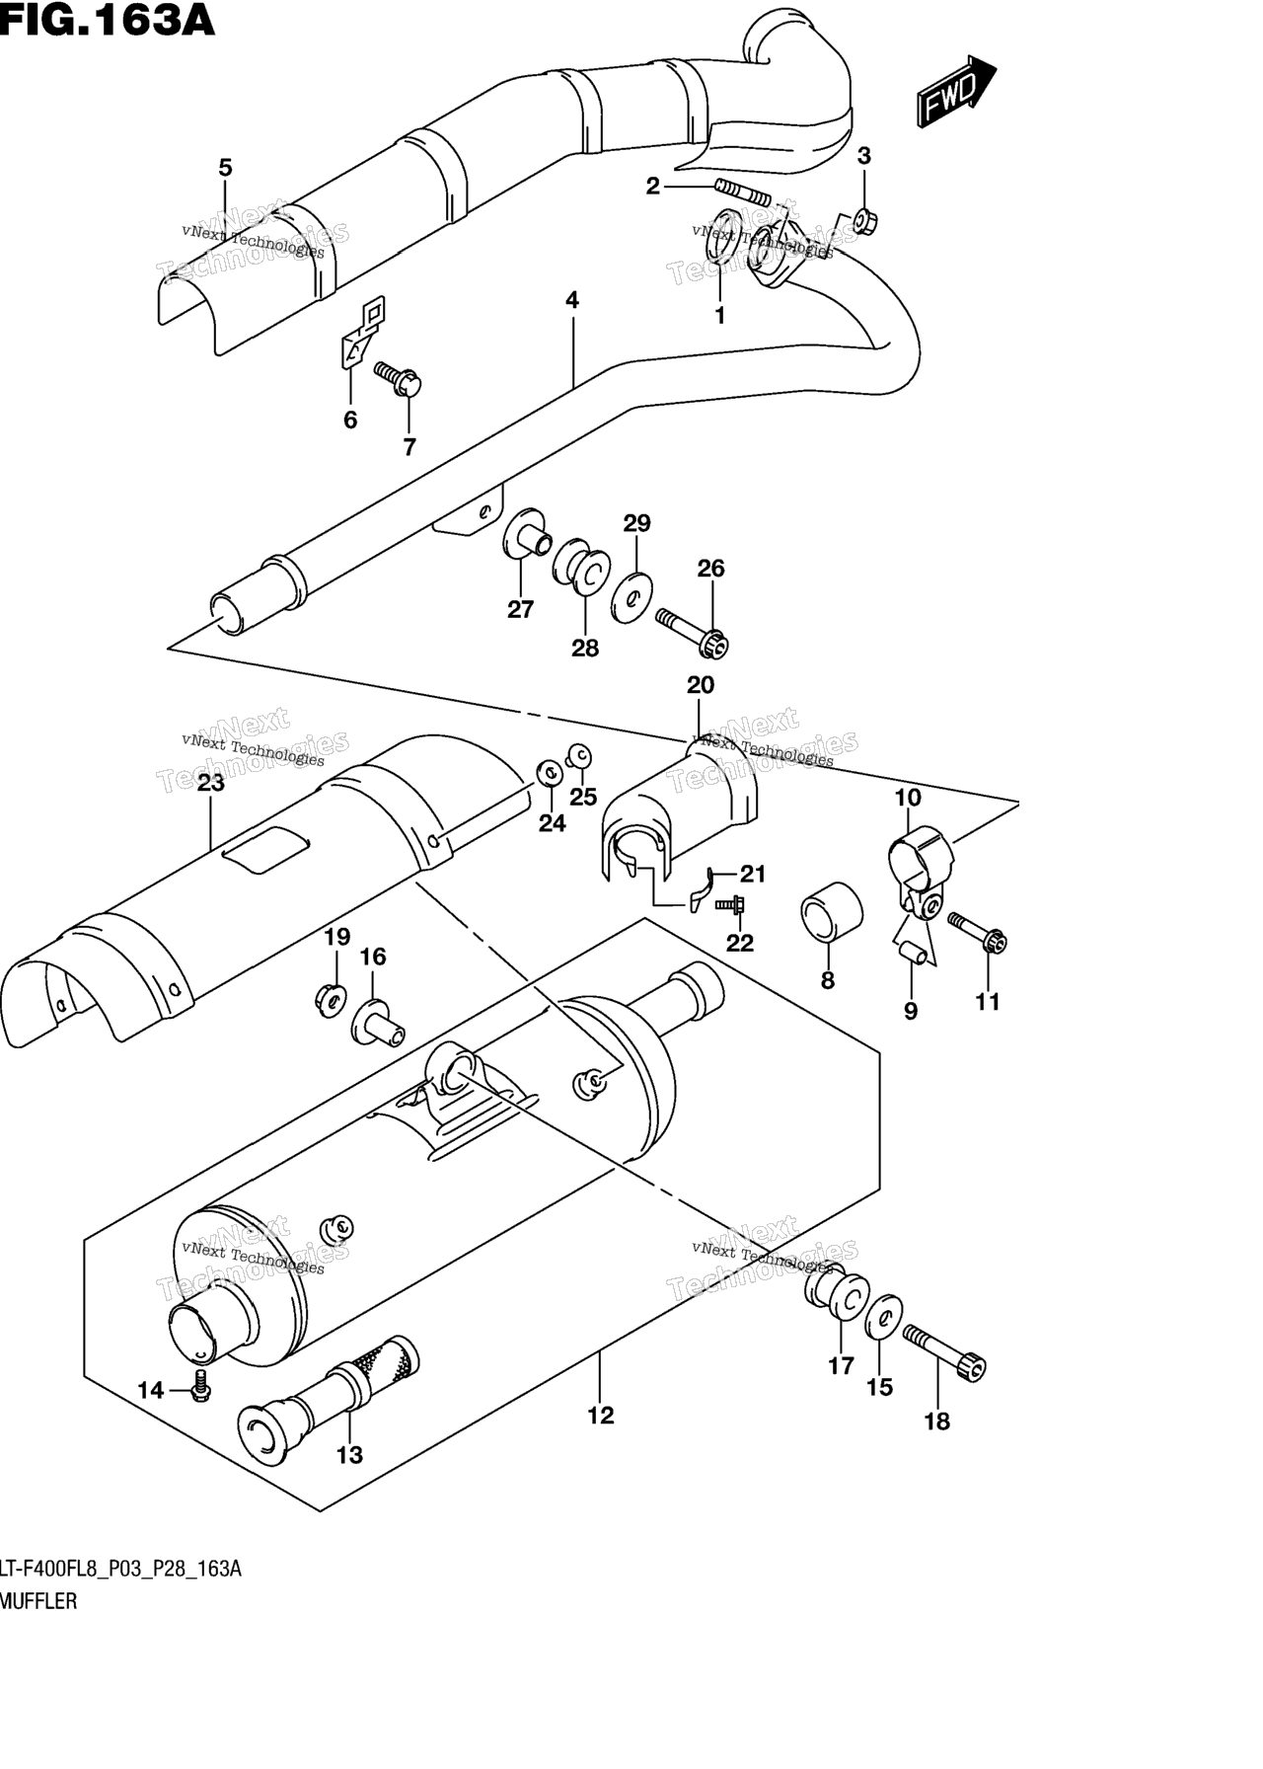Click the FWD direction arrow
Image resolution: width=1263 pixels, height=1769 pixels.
pos(955,92)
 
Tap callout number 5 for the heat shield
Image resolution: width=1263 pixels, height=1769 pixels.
pos(225,168)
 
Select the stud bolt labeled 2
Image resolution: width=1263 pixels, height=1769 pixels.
pos(740,192)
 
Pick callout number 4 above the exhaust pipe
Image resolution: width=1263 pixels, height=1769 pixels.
pos(572,300)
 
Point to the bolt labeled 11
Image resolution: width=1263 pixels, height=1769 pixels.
pos(977,934)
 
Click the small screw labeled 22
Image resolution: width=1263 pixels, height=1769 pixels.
pos(733,903)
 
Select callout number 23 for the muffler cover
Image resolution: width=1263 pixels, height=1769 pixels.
pos(210,784)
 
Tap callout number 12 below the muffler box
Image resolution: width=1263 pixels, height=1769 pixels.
pos(600,1416)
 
